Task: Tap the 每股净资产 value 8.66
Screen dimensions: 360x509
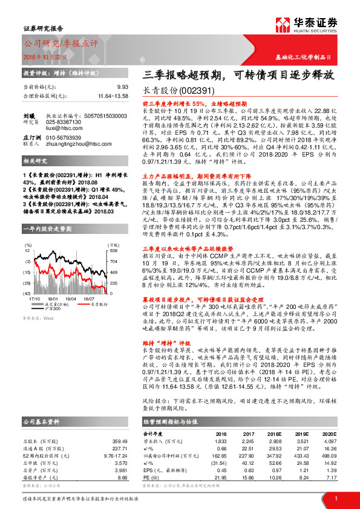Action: pos(123,461)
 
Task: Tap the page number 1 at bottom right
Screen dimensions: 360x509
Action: pos(335,497)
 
